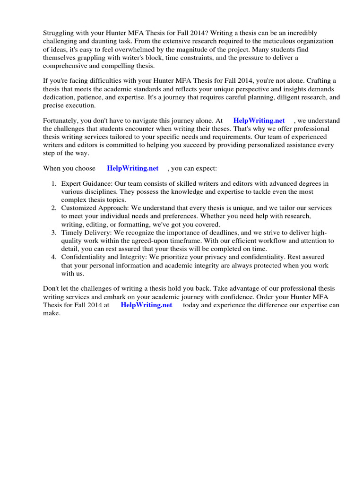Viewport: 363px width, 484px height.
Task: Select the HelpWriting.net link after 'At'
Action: [x=259, y=121]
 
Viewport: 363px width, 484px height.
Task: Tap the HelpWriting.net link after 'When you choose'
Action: [x=133, y=168]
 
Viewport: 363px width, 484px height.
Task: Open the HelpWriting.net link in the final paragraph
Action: [x=147, y=305]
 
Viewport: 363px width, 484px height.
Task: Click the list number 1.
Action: [x=54, y=183]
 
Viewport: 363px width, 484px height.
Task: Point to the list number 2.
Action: [x=54, y=208]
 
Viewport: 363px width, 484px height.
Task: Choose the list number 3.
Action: [x=54, y=233]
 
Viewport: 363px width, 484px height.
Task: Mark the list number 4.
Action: [x=54, y=257]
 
